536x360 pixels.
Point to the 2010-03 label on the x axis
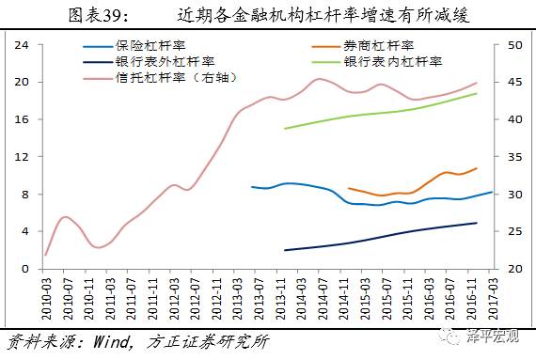click(x=46, y=296)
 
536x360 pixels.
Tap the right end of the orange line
click(x=477, y=168)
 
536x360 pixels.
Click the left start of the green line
click(x=284, y=128)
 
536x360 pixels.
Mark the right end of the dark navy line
click(x=477, y=223)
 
